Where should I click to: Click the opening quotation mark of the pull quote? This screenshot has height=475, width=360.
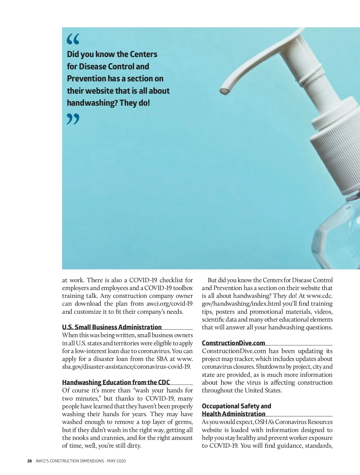point(73,39)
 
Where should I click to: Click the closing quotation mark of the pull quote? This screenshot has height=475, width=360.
point(73,119)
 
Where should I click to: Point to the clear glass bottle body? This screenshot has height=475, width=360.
point(339,237)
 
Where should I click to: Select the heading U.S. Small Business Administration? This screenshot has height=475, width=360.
point(112,327)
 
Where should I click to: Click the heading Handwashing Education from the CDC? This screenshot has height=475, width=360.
point(116,382)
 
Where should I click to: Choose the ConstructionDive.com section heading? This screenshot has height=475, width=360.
point(233,343)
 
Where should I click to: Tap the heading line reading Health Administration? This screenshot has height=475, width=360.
point(233,414)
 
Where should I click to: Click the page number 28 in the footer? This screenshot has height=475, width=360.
point(29,461)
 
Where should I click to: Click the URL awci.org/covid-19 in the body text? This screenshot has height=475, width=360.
point(169,304)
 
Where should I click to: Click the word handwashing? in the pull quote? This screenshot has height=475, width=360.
point(92,103)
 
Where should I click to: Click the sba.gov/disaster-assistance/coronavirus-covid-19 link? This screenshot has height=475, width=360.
point(126,367)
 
